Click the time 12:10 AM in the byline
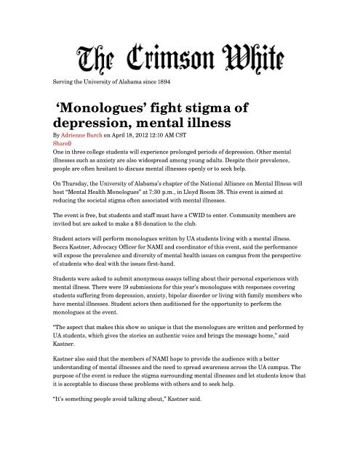180,134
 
